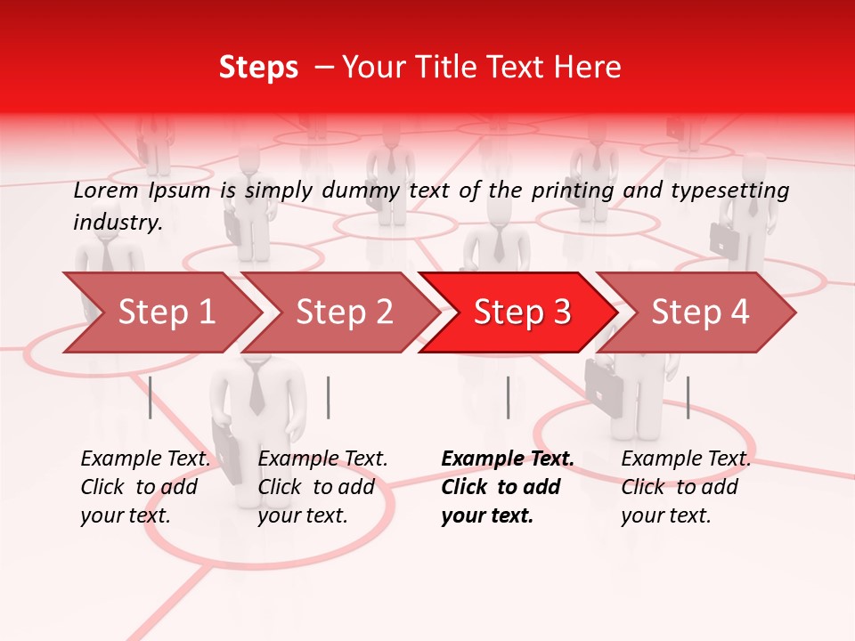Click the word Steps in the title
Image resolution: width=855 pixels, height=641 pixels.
(x=258, y=68)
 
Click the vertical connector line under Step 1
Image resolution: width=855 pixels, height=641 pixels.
(x=151, y=397)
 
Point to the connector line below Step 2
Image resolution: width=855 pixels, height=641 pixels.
(x=329, y=397)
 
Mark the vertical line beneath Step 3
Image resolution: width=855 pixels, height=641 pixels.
(x=508, y=397)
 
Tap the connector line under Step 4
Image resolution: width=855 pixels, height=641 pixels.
(x=688, y=397)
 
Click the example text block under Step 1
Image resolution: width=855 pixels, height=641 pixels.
(x=145, y=487)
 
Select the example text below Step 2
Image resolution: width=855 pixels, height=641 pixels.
(x=322, y=487)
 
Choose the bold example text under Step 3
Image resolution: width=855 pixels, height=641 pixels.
(x=507, y=487)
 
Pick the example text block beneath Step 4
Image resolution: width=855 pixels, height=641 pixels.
(x=685, y=487)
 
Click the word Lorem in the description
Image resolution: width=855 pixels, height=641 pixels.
(x=106, y=191)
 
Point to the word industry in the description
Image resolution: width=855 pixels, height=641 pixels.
(x=118, y=223)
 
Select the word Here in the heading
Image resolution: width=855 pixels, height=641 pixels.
(x=589, y=68)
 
